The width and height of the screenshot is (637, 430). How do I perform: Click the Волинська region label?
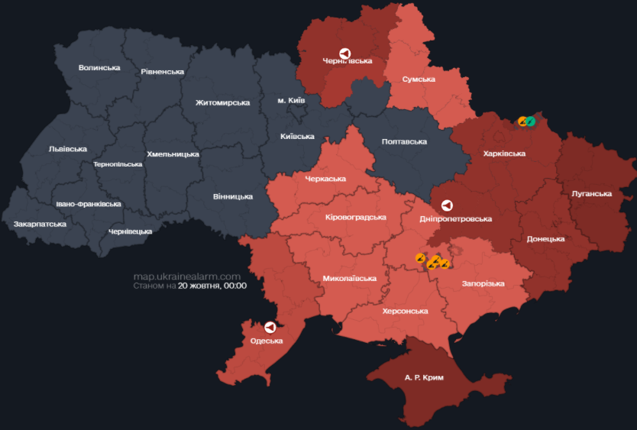99,68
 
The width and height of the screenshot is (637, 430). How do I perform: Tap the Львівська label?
67,149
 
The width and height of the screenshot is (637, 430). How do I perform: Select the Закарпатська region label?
40,225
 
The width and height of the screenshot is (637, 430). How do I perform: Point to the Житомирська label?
222,102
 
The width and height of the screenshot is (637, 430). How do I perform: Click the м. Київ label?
291,101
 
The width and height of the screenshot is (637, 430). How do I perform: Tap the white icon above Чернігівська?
345,53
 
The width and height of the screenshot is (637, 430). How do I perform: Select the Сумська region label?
419,79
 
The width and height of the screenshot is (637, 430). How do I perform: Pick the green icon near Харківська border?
531,121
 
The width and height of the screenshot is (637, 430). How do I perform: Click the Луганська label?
591,194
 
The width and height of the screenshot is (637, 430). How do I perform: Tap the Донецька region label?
545,239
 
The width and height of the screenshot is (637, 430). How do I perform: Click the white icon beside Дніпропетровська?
448,205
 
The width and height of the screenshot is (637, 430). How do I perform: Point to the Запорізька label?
483,284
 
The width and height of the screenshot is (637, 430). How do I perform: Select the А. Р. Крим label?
424,378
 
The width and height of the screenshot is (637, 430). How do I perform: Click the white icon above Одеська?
270,327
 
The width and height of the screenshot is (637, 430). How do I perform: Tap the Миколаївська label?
349,279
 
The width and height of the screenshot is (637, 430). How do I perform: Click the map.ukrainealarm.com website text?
187,276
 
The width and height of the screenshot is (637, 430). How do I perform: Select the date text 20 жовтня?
199,286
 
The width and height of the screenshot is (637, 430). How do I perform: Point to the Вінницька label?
233,197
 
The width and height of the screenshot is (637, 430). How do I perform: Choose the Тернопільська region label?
118,165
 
